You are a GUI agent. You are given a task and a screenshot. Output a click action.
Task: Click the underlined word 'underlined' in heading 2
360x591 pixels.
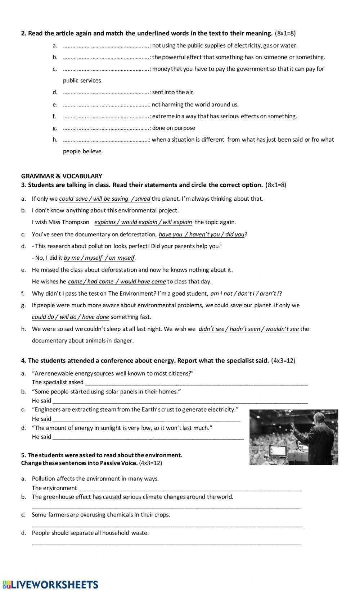153,33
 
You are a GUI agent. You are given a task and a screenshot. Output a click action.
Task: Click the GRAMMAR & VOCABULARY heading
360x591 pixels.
62,176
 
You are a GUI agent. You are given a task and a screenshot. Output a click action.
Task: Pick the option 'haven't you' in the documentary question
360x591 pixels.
204,234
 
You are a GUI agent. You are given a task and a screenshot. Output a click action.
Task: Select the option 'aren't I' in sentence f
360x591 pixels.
269,294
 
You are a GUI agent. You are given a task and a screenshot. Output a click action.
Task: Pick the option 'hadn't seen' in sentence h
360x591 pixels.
247,329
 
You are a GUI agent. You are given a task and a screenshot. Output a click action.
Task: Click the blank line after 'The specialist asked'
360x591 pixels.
196,383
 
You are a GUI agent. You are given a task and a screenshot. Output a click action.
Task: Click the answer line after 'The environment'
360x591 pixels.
190,488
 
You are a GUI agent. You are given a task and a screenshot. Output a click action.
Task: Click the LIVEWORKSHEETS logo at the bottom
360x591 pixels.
50,585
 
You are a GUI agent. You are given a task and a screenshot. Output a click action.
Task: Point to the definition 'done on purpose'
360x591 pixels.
174,128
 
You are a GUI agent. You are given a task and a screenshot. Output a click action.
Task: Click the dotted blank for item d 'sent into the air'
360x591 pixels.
106,92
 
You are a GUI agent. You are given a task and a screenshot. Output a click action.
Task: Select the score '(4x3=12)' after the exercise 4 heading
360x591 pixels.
283,360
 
